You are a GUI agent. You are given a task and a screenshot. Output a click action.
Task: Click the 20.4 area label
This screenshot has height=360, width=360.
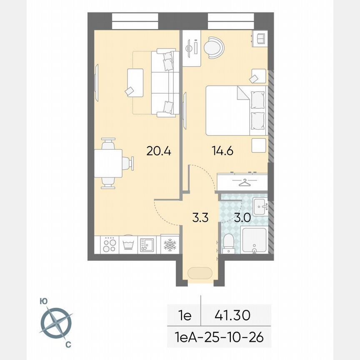click(x=159, y=150)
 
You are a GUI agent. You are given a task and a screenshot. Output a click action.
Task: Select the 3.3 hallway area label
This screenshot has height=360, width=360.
click(x=200, y=217)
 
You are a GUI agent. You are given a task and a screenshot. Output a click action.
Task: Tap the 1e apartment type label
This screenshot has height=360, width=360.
click(x=184, y=315)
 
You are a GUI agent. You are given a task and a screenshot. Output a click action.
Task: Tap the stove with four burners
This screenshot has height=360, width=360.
click(x=109, y=244)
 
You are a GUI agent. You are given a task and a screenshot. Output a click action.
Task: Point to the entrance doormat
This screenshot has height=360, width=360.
click(x=200, y=273)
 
